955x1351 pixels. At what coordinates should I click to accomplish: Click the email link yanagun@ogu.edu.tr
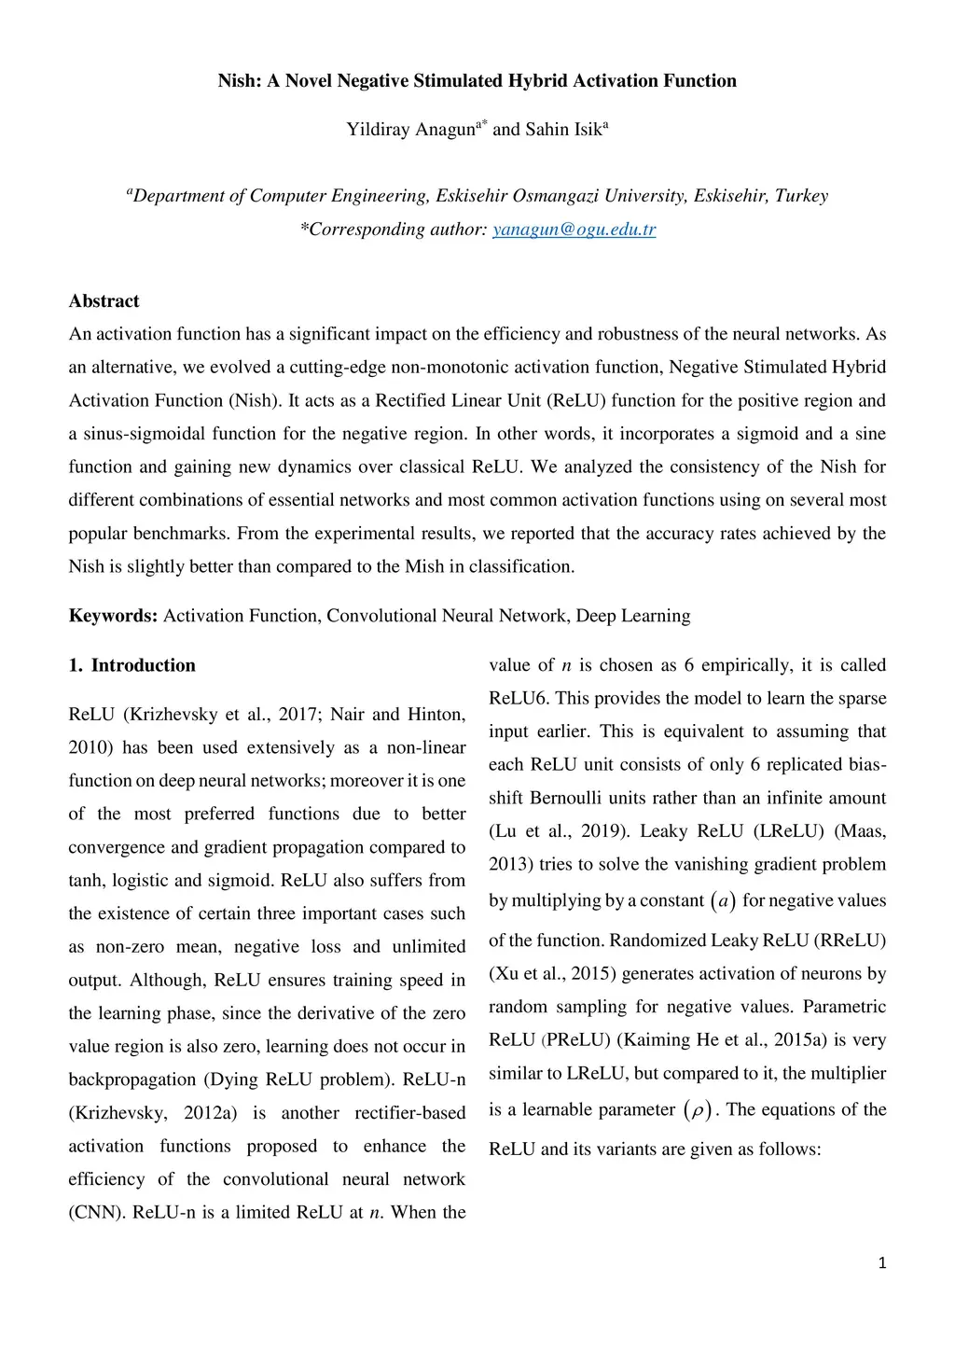click(x=574, y=230)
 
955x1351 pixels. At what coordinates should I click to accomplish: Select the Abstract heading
click(x=104, y=301)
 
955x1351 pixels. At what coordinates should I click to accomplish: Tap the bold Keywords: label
click(x=113, y=616)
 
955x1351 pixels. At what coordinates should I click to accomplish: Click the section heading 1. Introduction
click(x=131, y=665)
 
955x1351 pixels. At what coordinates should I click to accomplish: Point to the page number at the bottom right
click(x=882, y=1263)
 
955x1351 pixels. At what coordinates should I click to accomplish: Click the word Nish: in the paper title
click(x=240, y=81)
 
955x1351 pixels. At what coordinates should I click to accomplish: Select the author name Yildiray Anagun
click(x=410, y=130)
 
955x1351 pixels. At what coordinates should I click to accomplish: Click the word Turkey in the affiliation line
click(x=801, y=196)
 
